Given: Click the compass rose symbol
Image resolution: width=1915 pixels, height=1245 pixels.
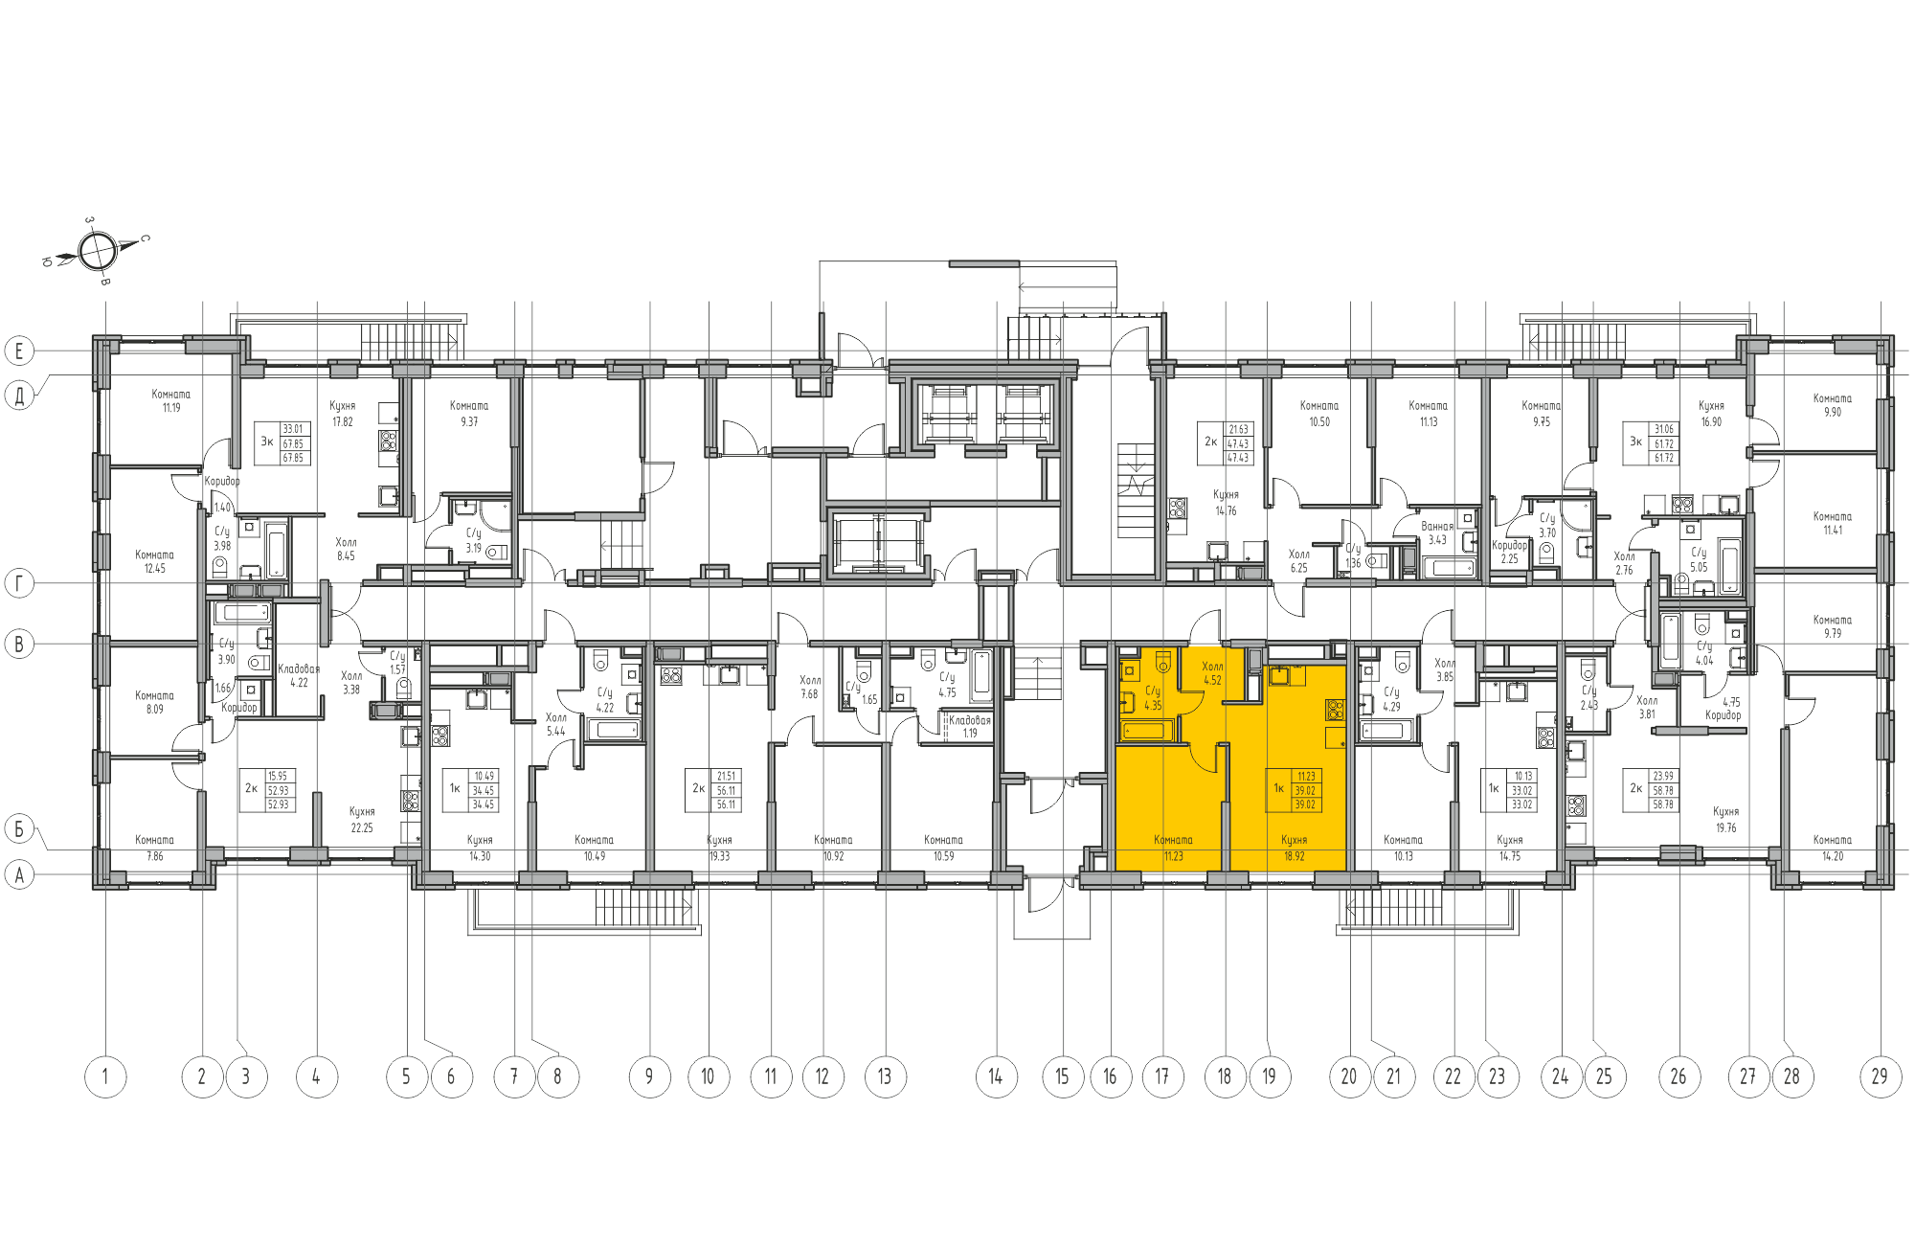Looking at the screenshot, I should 97,251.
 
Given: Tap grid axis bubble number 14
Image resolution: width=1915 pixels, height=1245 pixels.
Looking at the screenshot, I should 996,1076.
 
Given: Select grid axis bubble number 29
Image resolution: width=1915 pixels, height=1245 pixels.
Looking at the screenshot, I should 1880,1076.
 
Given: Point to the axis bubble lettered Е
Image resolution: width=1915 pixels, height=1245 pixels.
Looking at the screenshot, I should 19,351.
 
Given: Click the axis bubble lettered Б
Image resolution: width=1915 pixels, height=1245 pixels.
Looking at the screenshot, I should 19,828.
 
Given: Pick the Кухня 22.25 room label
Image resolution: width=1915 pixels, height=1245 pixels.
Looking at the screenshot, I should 362,820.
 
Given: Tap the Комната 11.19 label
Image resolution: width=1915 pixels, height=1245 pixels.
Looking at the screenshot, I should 170,400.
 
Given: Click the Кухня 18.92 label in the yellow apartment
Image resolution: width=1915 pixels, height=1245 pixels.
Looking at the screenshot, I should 1294,848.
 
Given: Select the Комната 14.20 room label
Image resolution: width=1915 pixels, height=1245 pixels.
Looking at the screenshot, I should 1832,848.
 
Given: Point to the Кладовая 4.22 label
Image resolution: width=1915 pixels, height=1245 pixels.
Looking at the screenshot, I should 299,675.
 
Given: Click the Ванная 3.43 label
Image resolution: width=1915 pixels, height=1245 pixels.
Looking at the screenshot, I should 1437,532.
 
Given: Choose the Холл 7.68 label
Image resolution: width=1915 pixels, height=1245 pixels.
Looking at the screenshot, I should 810,687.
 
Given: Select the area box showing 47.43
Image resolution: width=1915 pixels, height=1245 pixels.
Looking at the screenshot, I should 1237,443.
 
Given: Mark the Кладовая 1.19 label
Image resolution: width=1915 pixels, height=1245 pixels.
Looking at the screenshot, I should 970,726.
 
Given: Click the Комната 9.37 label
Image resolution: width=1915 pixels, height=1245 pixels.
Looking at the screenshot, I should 469,413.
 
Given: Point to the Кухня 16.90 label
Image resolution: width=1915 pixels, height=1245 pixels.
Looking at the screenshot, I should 1711,413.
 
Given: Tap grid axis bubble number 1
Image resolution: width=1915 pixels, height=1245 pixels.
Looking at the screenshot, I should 105,1076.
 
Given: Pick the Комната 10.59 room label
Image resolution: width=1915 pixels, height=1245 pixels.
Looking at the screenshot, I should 943,848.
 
